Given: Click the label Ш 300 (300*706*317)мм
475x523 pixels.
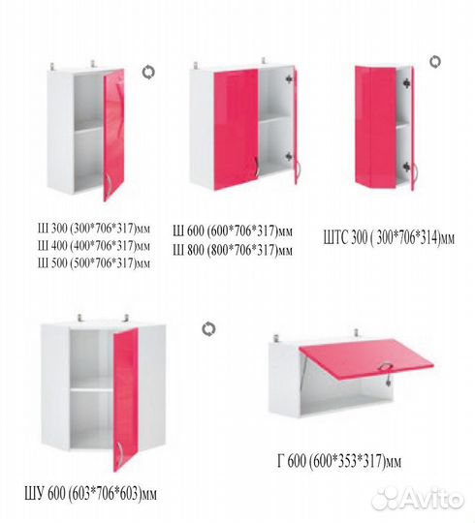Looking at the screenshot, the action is (x=94, y=229).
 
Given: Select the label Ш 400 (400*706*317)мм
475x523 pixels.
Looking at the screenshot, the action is (x=94, y=246).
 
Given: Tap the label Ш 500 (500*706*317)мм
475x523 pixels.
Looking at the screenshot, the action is (x=94, y=263).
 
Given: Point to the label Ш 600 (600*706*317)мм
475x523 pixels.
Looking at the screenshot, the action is (x=233, y=231).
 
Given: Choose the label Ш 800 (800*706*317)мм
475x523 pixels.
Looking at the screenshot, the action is (x=233, y=250).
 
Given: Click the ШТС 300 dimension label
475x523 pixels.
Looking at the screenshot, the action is (x=389, y=238).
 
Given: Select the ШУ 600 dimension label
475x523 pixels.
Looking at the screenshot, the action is (x=90, y=494).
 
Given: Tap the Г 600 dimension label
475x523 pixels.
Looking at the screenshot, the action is (x=339, y=461).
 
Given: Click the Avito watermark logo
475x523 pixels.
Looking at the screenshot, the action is (x=418, y=499).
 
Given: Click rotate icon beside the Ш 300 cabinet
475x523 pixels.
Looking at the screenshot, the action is (x=148, y=73).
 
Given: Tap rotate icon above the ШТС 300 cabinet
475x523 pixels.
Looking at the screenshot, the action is (x=435, y=62).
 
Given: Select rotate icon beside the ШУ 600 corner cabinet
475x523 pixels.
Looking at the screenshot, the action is (x=208, y=329).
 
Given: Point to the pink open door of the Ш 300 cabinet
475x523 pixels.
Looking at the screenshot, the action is (x=113, y=134).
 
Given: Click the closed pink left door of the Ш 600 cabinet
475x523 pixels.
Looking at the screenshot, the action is (x=236, y=129).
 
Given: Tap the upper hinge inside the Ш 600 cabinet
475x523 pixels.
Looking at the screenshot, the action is (x=289, y=78).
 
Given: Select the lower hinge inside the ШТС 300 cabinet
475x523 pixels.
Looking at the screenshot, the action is (x=406, y=167).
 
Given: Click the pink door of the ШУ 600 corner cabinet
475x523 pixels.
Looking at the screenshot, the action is (x=125, y=399).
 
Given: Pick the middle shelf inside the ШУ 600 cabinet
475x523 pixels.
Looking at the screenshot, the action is (x=91, y=389).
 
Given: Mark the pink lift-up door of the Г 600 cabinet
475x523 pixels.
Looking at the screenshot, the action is (x=366, y=358).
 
